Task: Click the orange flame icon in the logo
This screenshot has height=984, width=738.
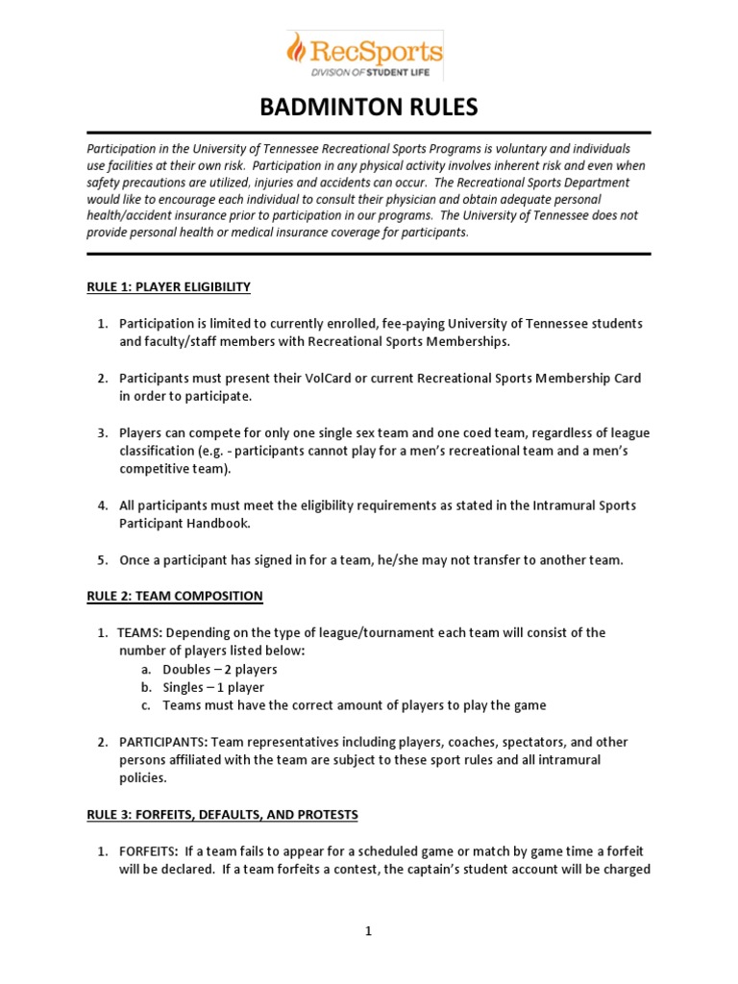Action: coord(299,49)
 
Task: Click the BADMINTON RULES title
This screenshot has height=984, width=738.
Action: coord(368,107)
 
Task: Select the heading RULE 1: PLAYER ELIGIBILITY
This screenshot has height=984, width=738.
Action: coord(168,286)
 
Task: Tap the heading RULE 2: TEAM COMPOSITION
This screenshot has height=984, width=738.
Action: coord(174,596)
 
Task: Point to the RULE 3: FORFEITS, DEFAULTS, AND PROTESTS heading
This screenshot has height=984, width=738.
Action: coord(222,815)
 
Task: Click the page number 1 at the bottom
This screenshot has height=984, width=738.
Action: coord(369,930)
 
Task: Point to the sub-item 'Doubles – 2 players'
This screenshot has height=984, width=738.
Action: coord(220,669)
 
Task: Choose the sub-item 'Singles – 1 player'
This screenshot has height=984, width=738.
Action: coord(213,687)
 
